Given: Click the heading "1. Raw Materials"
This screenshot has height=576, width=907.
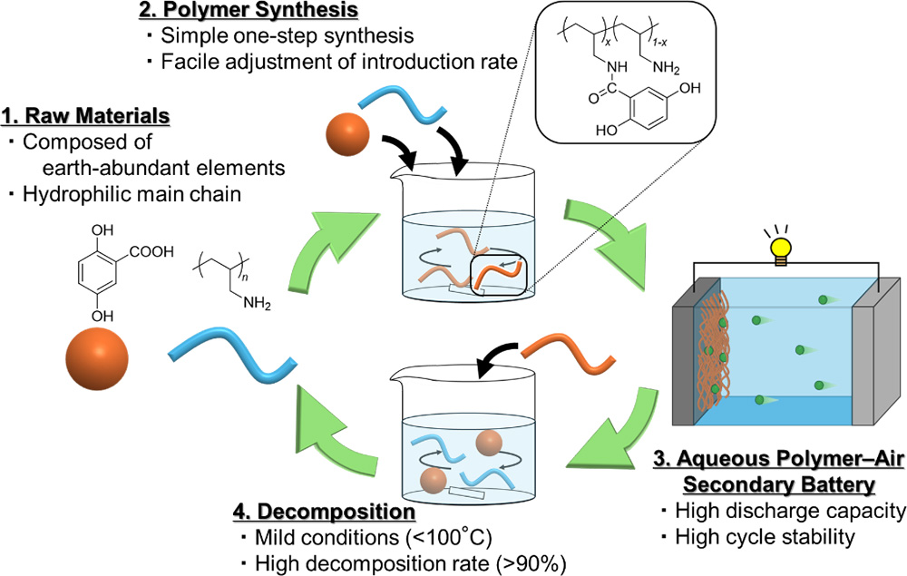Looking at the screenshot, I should pos(86,118).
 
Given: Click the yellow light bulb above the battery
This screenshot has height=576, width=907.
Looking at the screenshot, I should pos(781,246).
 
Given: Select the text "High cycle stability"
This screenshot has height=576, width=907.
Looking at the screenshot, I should pos(762,537).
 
